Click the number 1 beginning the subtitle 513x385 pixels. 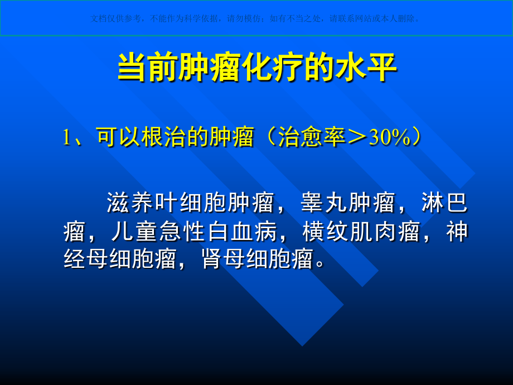click(67, 138)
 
